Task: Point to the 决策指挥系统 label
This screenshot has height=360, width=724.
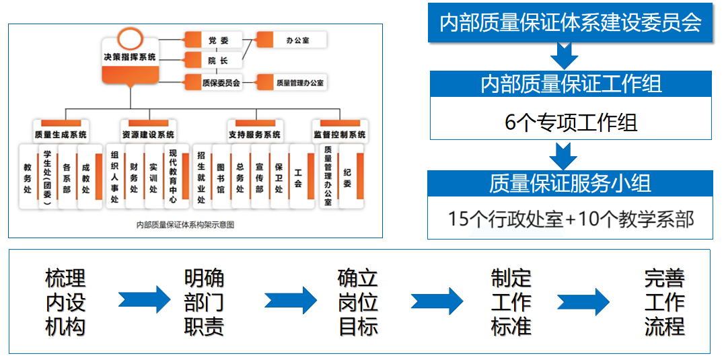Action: [129, 58]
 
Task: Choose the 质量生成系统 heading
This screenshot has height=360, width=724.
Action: [61, 134]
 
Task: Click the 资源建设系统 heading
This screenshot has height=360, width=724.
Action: [148, 134]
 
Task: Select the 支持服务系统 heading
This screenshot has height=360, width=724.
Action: [255, 134]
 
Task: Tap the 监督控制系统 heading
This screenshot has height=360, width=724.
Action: [340, 134]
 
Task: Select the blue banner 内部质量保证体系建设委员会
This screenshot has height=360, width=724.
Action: [571, 23]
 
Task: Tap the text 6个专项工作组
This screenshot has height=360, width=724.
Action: [571, 122]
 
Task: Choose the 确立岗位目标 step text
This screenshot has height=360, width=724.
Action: [357, 302]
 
